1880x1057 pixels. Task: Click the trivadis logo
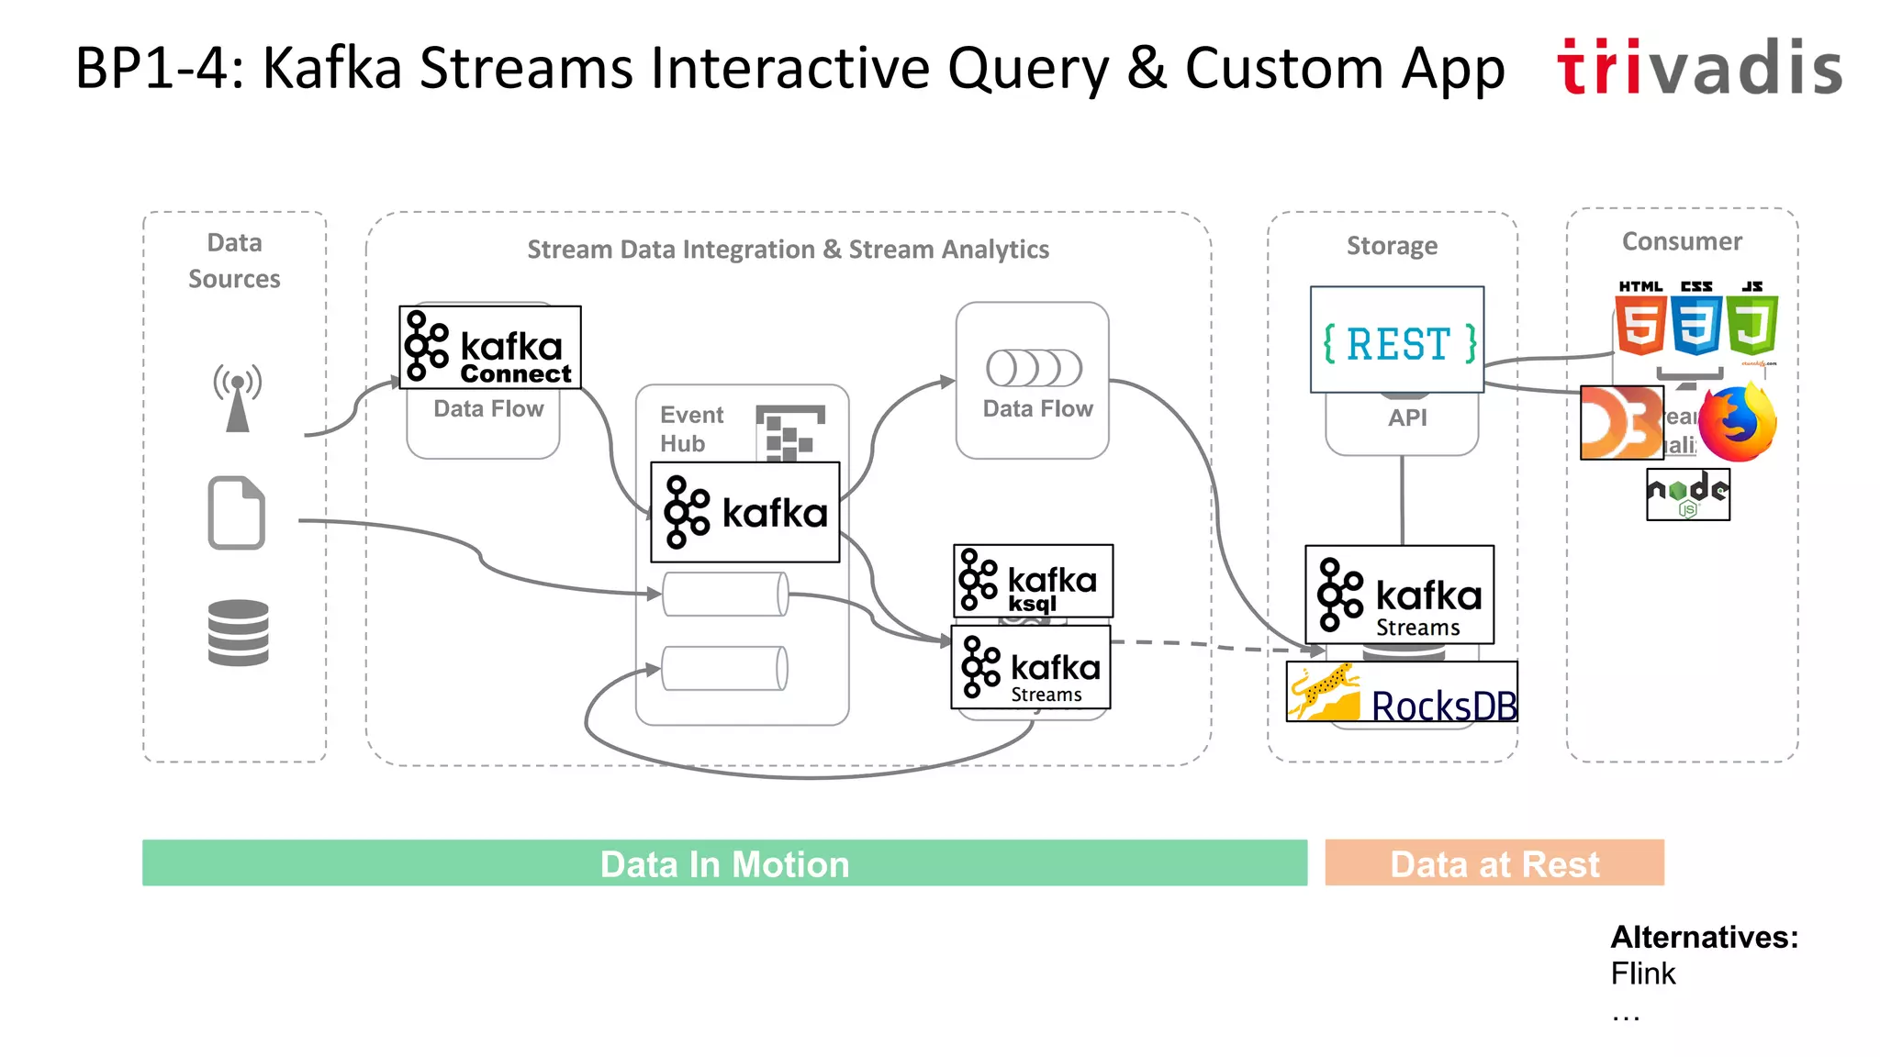pos(1699,67)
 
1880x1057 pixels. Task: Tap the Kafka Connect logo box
pos(490,348)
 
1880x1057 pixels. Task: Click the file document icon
pos(237,513)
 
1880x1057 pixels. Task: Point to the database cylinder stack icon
pos(238,632)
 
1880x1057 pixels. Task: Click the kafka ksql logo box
pos(1033,581)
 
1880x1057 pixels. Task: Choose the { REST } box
pos(1397,340)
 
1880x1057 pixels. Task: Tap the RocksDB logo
pos(1402,692)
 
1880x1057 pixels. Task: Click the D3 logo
pos(1621,423)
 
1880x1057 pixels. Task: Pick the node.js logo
pos(1688,495)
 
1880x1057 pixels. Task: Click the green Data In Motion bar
pos(724,862)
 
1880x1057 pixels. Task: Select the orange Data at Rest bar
pos(1494,862)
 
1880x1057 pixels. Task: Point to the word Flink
pos(1642,974)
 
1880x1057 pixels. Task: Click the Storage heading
pos(1392,246)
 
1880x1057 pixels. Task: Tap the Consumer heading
pos(1681,241)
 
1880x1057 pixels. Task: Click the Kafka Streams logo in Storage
pos(1399,595)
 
